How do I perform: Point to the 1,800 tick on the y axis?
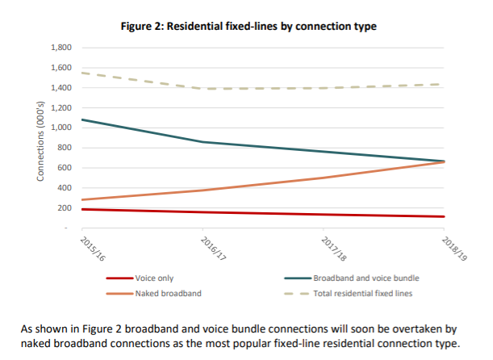(x=61, y=48)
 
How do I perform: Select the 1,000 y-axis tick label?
(x=61, y=128)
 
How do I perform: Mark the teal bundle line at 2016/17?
(x=203, y=142)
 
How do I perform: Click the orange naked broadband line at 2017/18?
(x=323, y=178)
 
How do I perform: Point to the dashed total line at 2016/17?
(x=203, y=89)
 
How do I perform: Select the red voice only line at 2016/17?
(x=203, y=212)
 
